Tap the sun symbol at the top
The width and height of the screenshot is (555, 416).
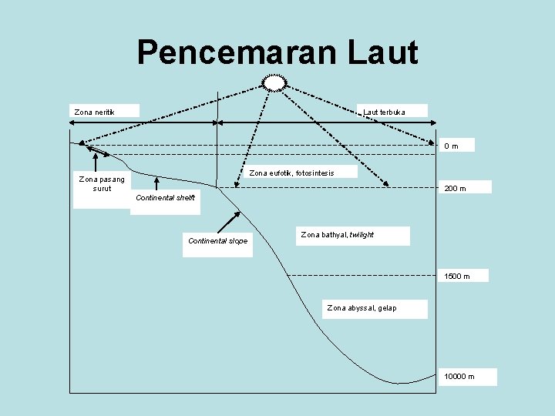(x=274, y=82)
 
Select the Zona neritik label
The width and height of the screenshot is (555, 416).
(x=95, y=112)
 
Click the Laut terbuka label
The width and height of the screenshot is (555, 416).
(x=384, y=112)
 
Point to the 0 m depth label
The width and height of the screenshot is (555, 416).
(x=451, y=146)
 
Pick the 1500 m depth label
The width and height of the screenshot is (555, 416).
(x=456, y=276)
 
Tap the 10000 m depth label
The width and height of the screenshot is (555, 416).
(x=459, y=377)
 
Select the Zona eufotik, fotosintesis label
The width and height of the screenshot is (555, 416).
(x=291, y=173)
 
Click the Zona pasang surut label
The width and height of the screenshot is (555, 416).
(x=102, y=183)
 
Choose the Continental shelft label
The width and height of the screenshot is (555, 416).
(x=165, y=198)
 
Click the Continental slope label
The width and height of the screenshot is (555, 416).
(x=217, y=241)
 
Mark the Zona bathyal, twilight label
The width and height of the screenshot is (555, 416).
(x=337, y=234)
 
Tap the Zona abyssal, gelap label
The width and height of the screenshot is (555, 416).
(x=362, y=308)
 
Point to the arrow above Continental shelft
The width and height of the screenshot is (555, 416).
(x=156, y=183)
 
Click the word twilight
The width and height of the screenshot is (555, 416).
(x=361, y=234)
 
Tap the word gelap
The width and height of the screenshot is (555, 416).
(x=386, y=308)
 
